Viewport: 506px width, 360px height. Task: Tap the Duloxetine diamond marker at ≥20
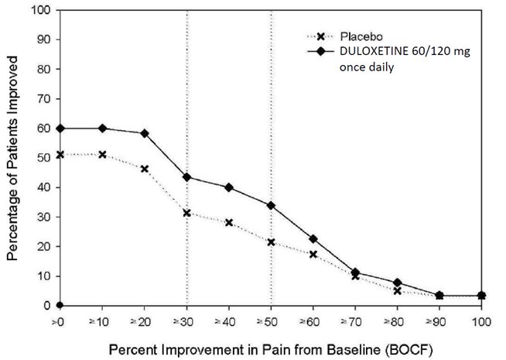pos(145,133)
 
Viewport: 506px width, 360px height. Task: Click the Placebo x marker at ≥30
pos(187,213)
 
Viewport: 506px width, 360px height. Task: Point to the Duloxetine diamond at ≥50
pos(271,205)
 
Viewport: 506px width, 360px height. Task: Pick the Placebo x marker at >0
pos(60,155)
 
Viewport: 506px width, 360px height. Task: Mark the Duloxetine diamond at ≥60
pos(313,239)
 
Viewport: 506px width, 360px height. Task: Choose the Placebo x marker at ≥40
pos(229,222)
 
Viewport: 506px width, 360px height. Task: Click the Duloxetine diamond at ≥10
pos(103,129)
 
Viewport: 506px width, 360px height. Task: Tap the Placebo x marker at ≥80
pos(398,291)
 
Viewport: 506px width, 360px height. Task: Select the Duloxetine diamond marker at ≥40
pos(229,187)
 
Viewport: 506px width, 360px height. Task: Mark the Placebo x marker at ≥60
pos(313,254)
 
